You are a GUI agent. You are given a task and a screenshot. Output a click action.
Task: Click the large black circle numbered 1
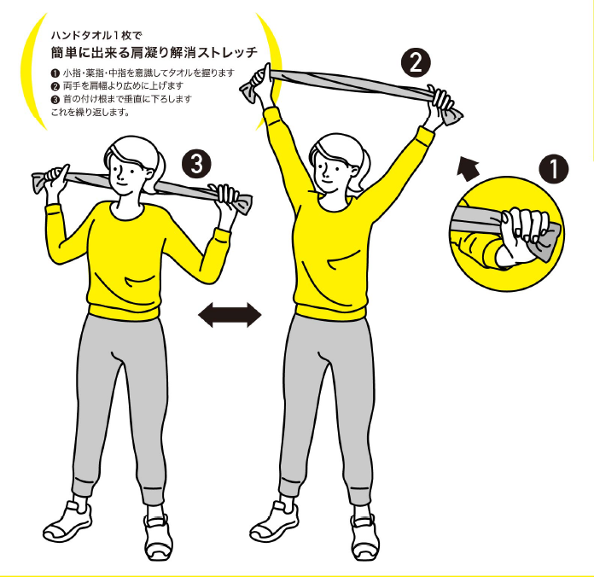click(554, 169)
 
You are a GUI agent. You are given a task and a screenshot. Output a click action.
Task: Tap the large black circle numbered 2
click(416, 63)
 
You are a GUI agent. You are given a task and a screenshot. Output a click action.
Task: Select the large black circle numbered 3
click(196, 164)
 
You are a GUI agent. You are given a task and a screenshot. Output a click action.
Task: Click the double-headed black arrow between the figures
click(230, 314)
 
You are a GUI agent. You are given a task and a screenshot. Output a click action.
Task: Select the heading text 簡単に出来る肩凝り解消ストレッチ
click(154, 52)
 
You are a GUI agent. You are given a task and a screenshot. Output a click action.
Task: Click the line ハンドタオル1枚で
click(96, 36)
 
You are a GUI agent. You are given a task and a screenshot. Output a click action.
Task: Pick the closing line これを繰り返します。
click(90, 112)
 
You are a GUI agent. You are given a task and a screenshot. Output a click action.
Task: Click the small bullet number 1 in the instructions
click(55, 73)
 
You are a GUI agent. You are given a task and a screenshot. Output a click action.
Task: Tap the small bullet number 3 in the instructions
click(55, 100)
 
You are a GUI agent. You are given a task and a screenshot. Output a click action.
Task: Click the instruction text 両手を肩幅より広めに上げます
click(124, 86)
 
